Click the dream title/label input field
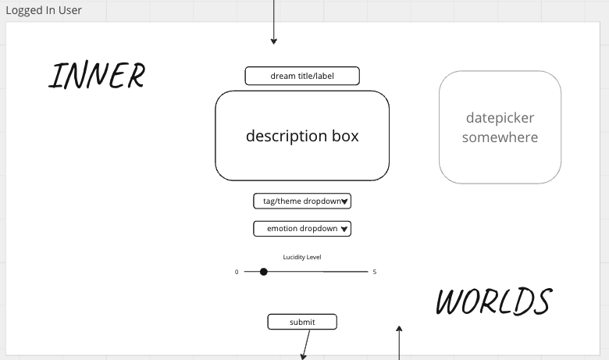coord(302,76)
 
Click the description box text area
coord(302,136)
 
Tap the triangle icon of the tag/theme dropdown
coord(345,201)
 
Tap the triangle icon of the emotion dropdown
coord(345,230)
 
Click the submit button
coord(302,322)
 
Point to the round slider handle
coord(264,272)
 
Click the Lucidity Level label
coord(302,257)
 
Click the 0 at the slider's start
coord(237,272)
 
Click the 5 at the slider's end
coord(375,272)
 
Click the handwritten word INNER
coord(97,76)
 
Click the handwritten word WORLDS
coord(493,301)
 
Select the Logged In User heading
coord(44,10)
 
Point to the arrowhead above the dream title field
coord(273,41)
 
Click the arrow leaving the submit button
coord(306,344)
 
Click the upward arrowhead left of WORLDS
coord(399,330)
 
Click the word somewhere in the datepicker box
coord(500,137)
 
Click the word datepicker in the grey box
coord(500,118)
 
